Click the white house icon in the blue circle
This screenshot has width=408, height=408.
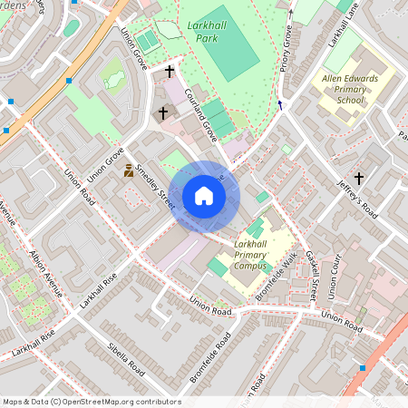204,195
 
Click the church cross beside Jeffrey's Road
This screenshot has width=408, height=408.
359,179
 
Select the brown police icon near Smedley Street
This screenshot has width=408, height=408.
129,170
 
